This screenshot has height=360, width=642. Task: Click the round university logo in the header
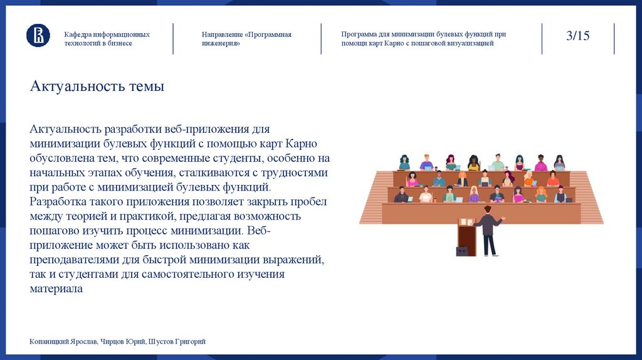pyautogui.click(x=38, y=35)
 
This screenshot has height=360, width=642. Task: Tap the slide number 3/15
pyautogui.click(x=577, y=36)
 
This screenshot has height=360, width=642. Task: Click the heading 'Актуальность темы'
pyautogui.click(x=97, y=87)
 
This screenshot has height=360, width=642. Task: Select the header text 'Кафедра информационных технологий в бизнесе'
pyautogui.click(x=106, y=39)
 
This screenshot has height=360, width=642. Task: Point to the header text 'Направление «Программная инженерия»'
pyautogui.click(x=246, y=39)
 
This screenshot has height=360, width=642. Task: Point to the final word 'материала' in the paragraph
pyautogui.click(x=56, y=289)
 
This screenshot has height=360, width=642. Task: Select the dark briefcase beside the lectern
pyautogui.click(x=461, y=251)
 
